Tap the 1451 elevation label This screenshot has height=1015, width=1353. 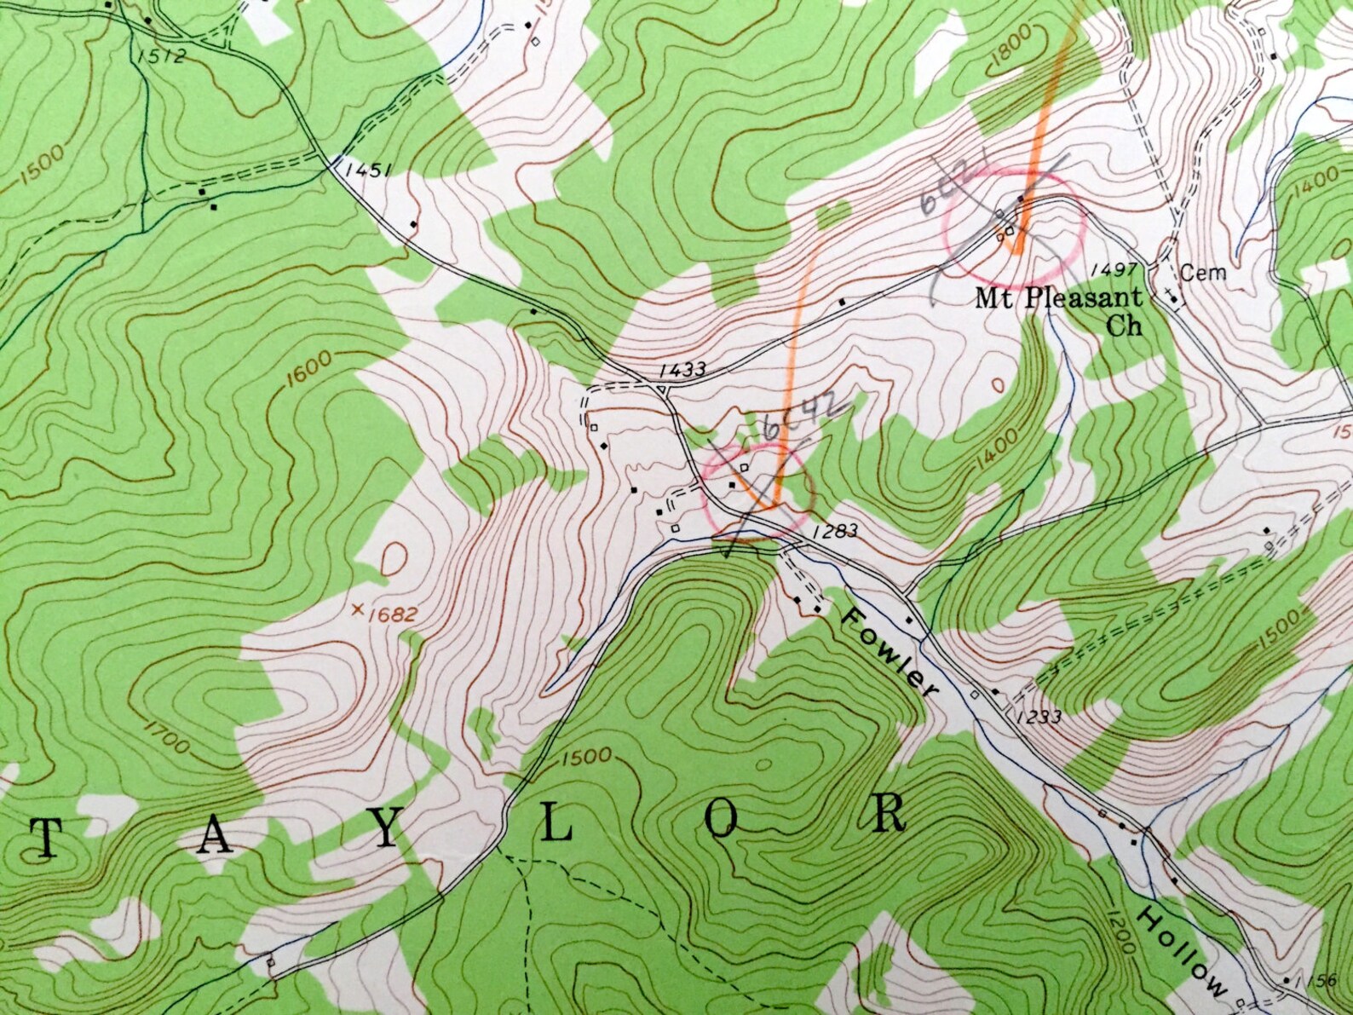point(368,170)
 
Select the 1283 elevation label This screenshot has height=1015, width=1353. point(834,531)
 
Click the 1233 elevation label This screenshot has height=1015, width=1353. point(1038,717)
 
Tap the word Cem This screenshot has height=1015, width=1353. point(1204,273)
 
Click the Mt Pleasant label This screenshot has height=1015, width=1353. point(1058,299)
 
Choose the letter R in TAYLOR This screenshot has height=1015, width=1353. point(889,814)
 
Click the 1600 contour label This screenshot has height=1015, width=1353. point(311,370)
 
